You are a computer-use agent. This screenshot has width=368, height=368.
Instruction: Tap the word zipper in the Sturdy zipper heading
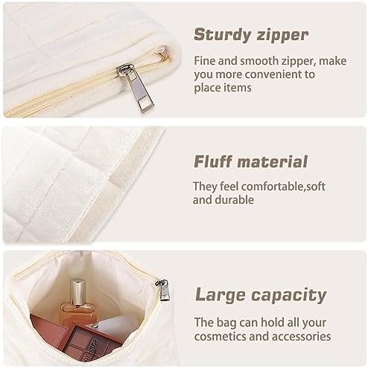[282, 36]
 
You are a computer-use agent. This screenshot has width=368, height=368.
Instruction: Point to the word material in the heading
[273, 161]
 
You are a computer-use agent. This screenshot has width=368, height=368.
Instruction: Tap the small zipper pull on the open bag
[163, 289]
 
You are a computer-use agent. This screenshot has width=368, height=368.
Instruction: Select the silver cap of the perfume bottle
[77, 292]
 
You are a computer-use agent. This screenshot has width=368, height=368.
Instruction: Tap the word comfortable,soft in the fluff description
[283, 187]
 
